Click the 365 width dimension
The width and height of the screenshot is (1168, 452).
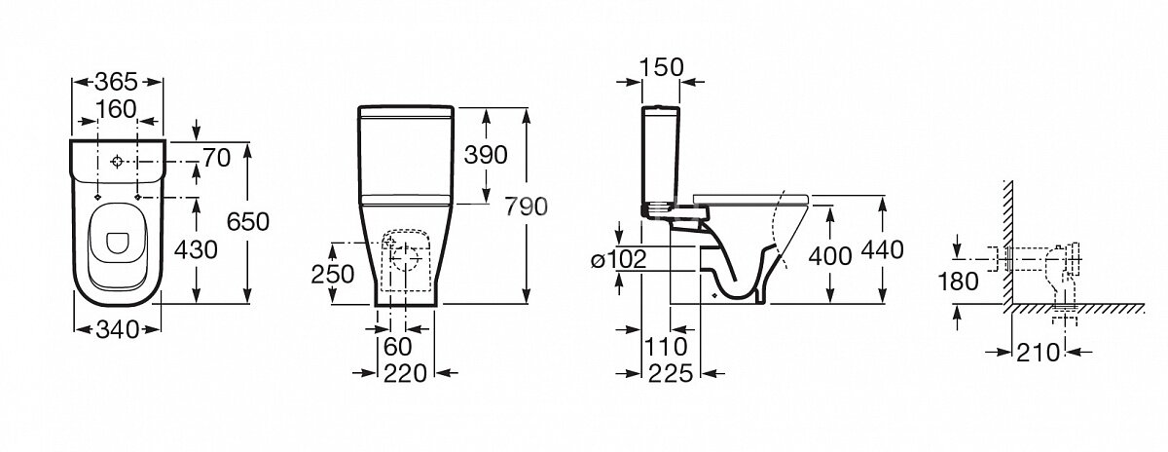tap(116, 82)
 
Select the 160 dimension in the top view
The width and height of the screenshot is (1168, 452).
tap(116, 109)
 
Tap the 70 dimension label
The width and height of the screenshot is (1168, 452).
tap(216, 158)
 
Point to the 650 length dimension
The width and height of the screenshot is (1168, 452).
tap(247, 222)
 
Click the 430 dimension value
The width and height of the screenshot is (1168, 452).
tap(196, 250)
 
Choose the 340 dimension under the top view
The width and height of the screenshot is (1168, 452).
tap(118, 330)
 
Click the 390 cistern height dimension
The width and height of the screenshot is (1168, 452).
tap(486, 155)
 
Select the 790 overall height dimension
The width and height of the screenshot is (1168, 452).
tap(527, 207)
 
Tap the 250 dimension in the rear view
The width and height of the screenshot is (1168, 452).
tap(332, 275)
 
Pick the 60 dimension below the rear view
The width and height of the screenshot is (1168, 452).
tap(398, 347)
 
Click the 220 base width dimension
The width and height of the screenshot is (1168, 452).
tap(405, 374)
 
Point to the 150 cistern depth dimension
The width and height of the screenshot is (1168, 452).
tap(661, 67)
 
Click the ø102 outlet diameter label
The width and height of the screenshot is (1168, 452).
tap(619, 259)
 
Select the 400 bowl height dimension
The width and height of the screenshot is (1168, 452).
tap(830, 256)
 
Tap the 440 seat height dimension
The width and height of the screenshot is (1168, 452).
tap(882, 250)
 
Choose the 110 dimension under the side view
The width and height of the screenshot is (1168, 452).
tap(667, 347)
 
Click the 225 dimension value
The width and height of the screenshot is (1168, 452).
tap(671, 374)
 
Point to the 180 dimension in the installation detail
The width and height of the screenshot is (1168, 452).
tap(958, 282)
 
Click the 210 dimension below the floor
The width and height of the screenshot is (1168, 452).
tap(1038, 353)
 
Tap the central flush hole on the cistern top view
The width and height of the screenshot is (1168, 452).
tap(117, 162)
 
